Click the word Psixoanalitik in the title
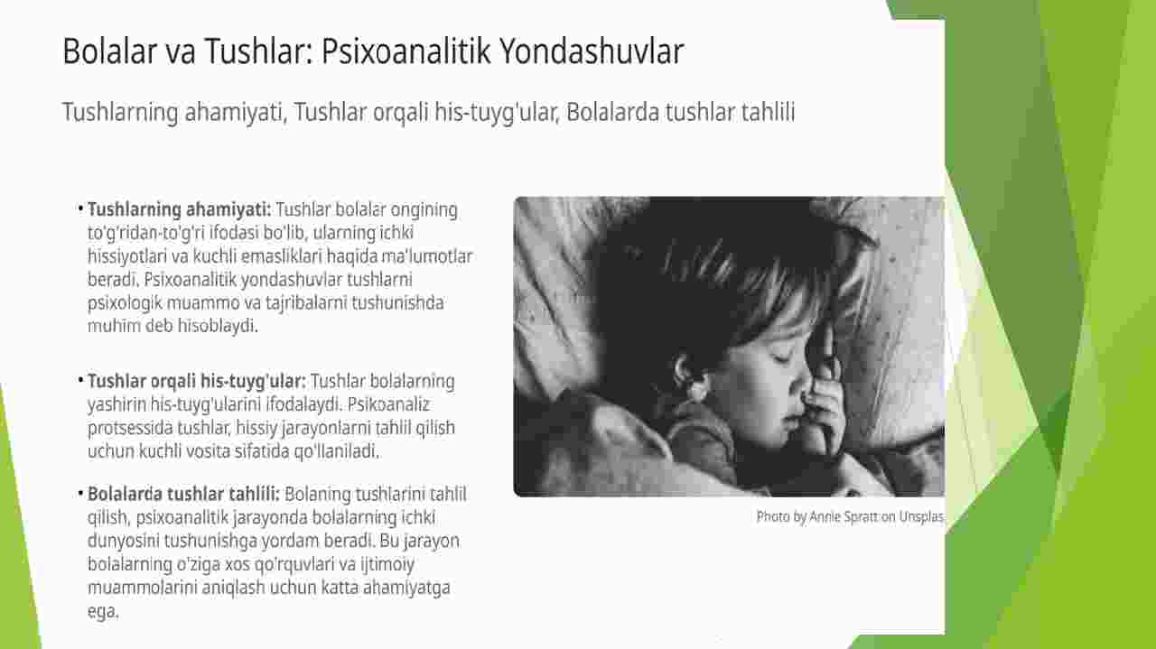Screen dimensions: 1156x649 point(406,51)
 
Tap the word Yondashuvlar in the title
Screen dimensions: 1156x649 point(592,51)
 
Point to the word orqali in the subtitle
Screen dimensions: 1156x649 point(400,113)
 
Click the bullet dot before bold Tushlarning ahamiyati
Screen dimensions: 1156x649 point(80,209)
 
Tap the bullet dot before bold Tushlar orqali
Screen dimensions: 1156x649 point(80,380)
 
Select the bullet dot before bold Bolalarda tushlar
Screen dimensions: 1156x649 point(80,493)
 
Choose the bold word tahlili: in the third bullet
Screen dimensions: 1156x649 point(254,494)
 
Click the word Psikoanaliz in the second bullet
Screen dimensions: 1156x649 point(388,404)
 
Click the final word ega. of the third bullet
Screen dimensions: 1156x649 point(103,612)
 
